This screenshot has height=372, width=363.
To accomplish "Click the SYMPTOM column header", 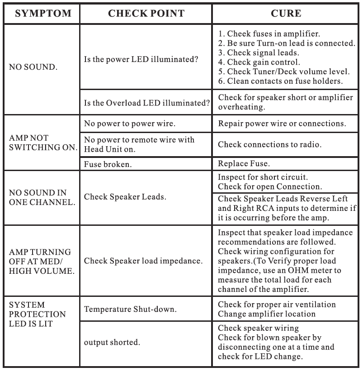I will coord(43,14).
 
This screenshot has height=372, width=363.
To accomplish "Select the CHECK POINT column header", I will coord(146,14).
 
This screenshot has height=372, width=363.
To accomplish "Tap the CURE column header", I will coord(286,14).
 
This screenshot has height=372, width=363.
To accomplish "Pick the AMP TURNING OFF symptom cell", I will coord(40,261).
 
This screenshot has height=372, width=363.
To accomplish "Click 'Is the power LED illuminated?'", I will coord(141,60).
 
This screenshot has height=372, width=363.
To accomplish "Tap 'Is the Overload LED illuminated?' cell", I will coord(147,103).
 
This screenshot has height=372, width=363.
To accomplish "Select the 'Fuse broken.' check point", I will coord(108,165).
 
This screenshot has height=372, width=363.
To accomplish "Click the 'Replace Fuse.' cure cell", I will coord(244,164).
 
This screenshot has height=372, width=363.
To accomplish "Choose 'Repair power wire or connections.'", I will coord(282,124).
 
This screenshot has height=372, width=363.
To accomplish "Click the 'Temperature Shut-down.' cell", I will coord(130,309).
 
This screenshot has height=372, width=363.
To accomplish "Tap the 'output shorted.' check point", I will coord(112,342).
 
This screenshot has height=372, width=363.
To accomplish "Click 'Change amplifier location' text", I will coord(266,314).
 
